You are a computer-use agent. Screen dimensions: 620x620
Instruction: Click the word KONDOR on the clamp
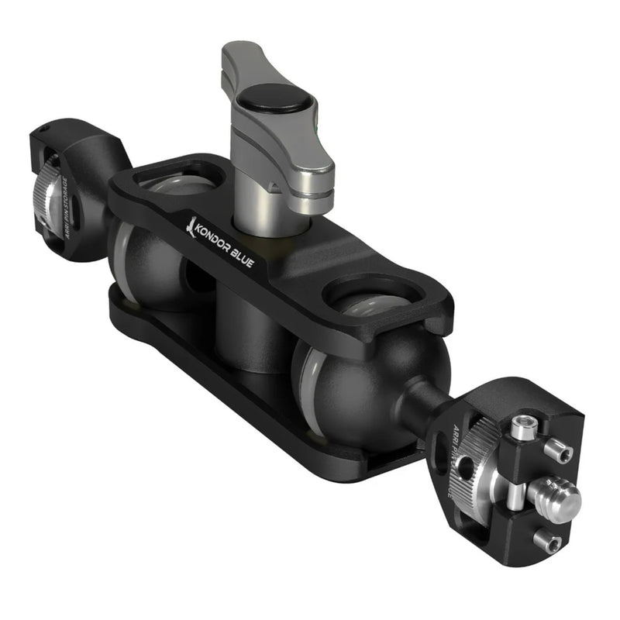(217, 239)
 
